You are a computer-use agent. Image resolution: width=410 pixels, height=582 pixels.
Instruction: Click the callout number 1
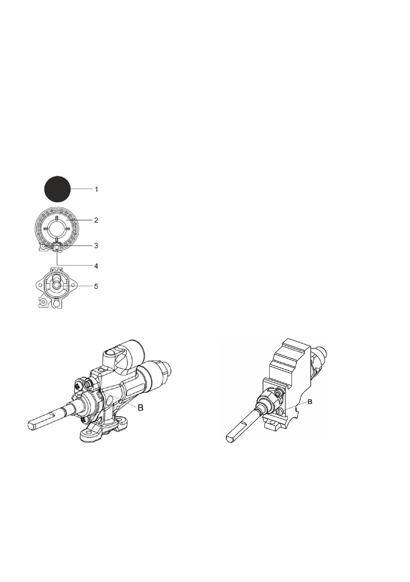[96, 189]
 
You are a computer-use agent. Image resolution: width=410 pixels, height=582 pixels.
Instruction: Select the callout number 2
[96, 220]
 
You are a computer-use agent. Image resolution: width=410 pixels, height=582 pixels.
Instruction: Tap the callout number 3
[96, 245]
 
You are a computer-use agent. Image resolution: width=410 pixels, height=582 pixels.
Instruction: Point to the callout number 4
[96, 266]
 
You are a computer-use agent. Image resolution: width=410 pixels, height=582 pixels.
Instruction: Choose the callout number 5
[96, 286]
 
